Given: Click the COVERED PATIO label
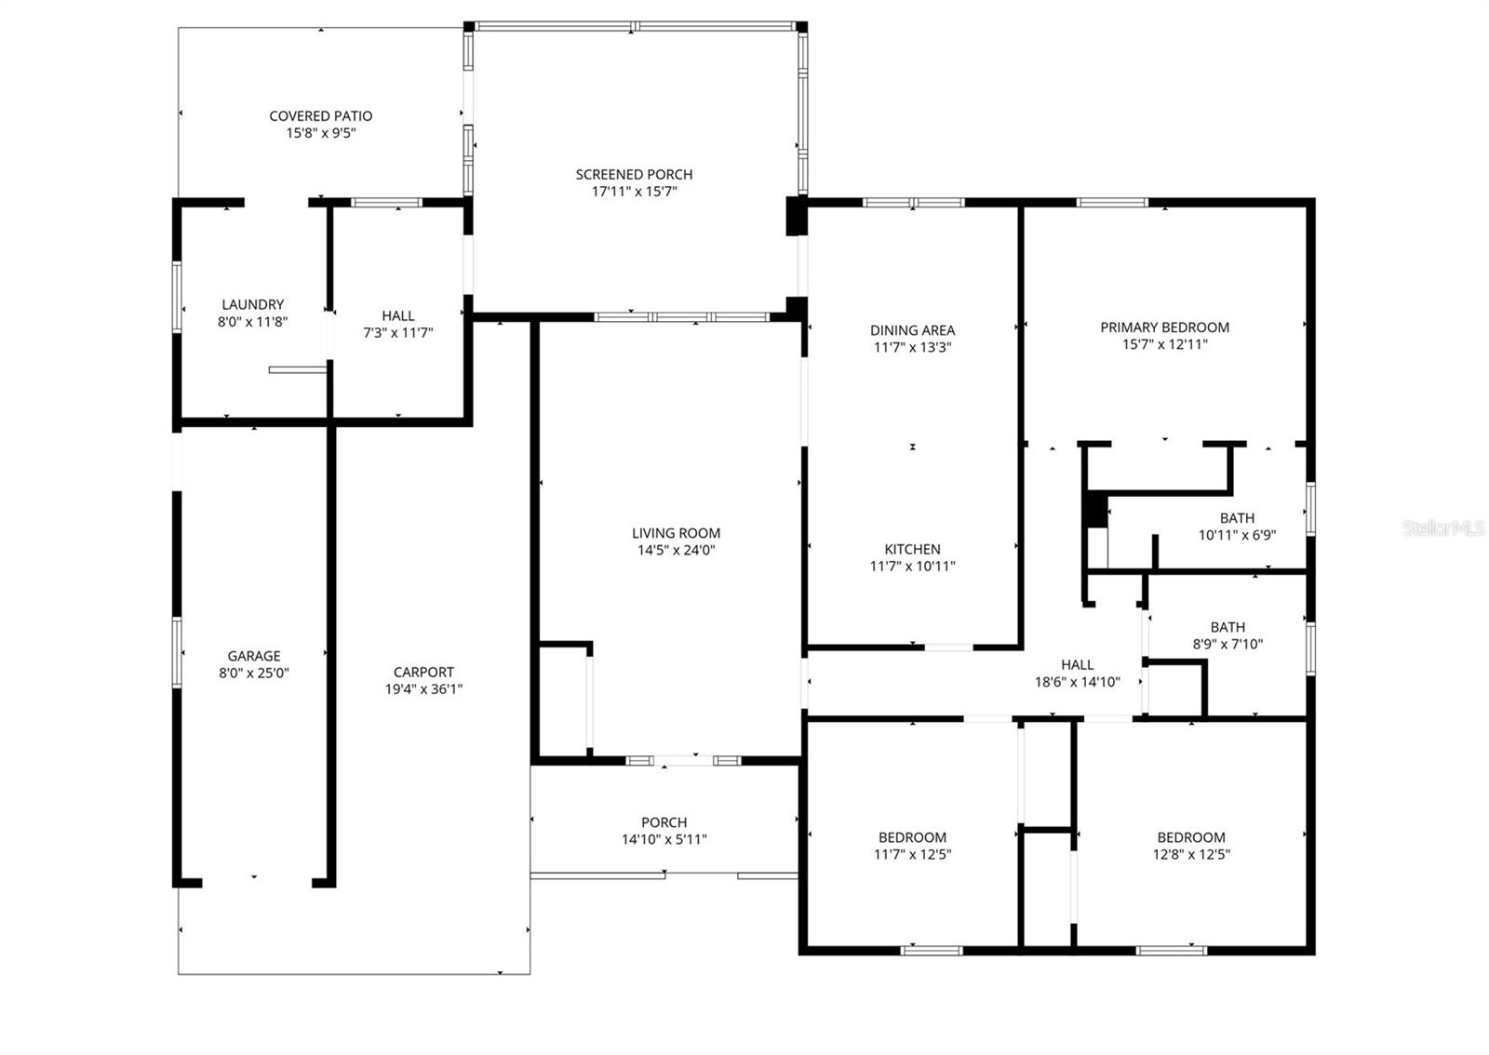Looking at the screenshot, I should point(320,116).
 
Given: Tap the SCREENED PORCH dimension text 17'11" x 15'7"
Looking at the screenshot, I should point(633,192).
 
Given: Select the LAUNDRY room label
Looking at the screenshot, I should point(252,304).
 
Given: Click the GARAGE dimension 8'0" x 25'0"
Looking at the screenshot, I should point(253,673).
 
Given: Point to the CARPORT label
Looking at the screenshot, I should point(423,672).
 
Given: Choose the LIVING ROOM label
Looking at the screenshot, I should point(676,533).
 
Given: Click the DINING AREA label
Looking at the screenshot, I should point(912,330).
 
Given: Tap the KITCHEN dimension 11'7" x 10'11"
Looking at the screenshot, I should point(912,566).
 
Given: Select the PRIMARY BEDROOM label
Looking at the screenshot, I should point(1164,327).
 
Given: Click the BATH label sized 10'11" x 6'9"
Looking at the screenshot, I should point(1236,518).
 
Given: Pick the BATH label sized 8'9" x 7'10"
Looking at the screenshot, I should point(1227,627).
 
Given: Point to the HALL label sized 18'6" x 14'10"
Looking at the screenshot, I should point(1077,664).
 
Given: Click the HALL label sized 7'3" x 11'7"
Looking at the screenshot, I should point(397,315).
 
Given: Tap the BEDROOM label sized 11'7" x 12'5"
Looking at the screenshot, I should point(912,837).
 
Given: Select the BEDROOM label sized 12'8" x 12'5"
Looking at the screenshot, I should point(1190,837).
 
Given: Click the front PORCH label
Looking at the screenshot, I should point(664,822).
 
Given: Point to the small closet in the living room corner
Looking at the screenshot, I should point(562,698).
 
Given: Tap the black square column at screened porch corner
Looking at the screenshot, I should point(796,216).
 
